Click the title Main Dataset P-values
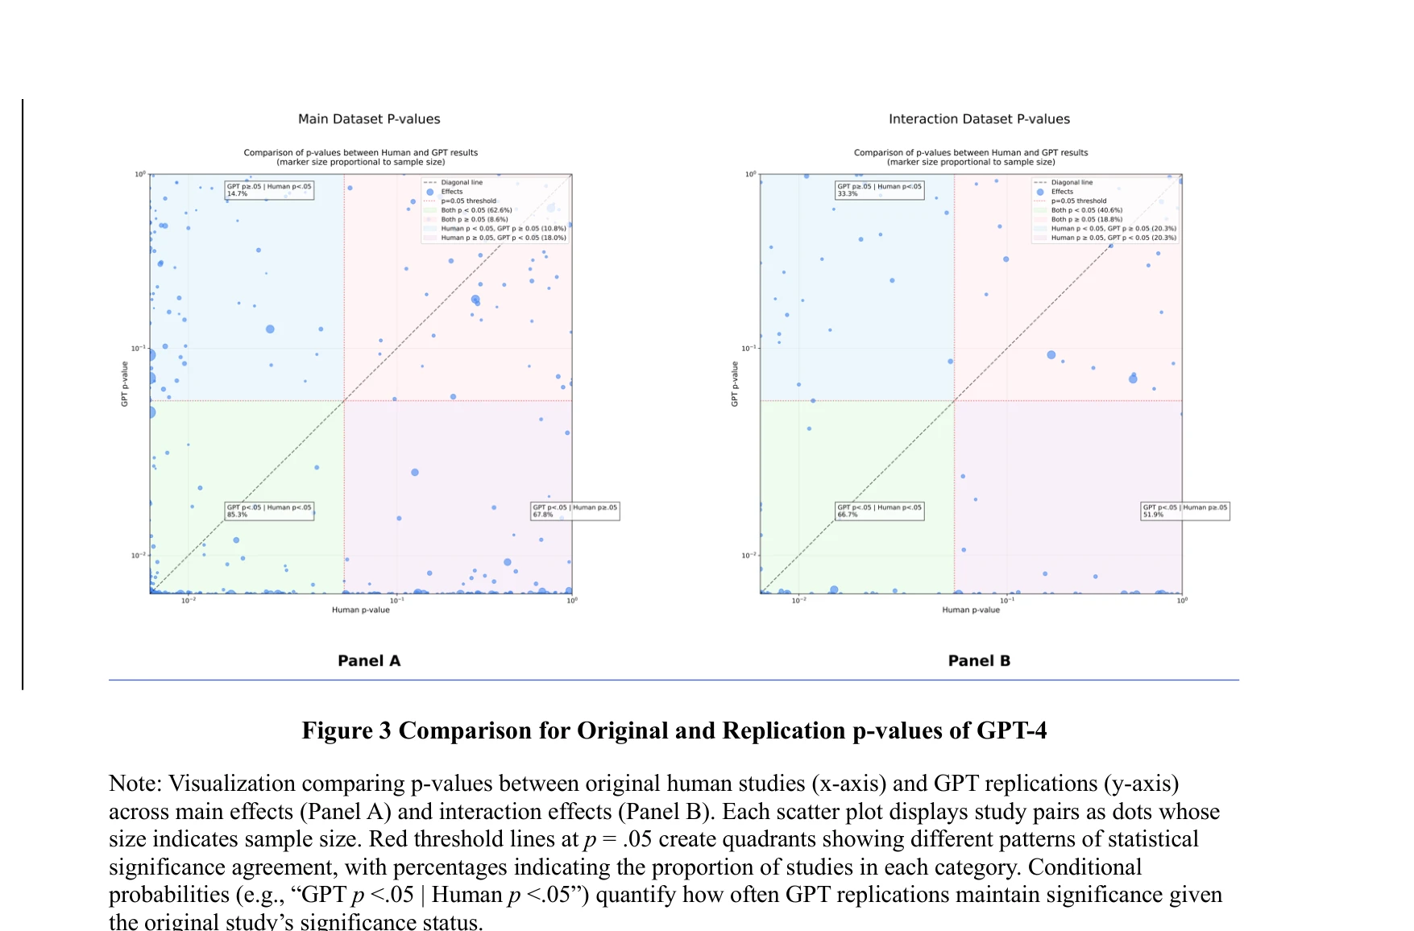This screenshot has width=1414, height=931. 369,119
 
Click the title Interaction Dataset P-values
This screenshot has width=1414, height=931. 979,119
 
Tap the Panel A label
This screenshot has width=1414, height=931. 369,660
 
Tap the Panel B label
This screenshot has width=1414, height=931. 979,660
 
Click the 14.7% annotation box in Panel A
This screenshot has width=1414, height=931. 268,190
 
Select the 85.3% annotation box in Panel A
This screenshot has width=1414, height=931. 268,511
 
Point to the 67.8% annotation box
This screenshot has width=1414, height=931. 574,511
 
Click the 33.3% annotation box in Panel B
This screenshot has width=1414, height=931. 879,190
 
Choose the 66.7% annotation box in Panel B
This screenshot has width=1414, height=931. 879,511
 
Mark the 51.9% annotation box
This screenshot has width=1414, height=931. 1184,511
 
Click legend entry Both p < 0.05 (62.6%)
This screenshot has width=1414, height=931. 475,210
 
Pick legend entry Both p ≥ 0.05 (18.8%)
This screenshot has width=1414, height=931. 1086,219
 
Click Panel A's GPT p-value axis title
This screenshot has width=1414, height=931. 125,384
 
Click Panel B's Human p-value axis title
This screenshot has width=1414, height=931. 971,610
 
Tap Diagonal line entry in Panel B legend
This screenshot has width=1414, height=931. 1072,183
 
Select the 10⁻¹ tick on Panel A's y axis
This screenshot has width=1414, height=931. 139,348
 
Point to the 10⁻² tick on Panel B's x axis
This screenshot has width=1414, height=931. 798,600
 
